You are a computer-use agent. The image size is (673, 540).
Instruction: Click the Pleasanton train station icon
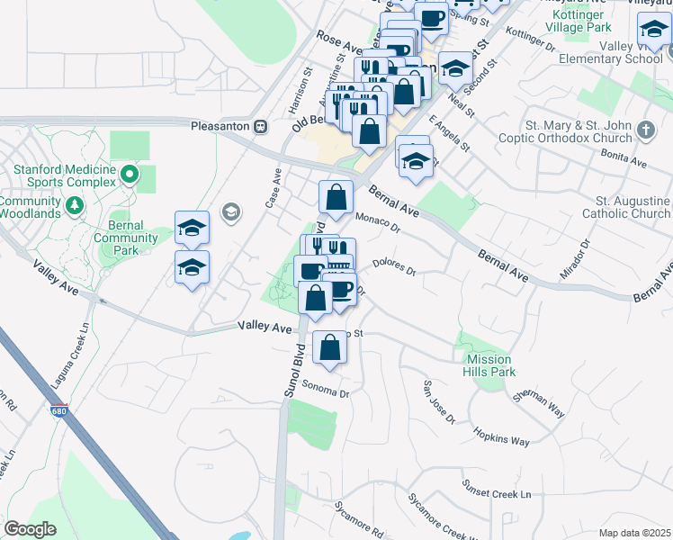[x=261, y=127]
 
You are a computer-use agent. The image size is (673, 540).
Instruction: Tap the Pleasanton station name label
[x=220, y=127]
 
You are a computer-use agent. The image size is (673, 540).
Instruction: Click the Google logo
[x=30, y=529]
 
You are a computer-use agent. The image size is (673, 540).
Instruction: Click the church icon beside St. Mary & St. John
[x=645, y=130]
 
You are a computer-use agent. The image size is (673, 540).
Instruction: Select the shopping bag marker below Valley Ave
[x=330, y=347]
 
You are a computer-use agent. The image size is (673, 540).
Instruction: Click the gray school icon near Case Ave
[x=231, y=211]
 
